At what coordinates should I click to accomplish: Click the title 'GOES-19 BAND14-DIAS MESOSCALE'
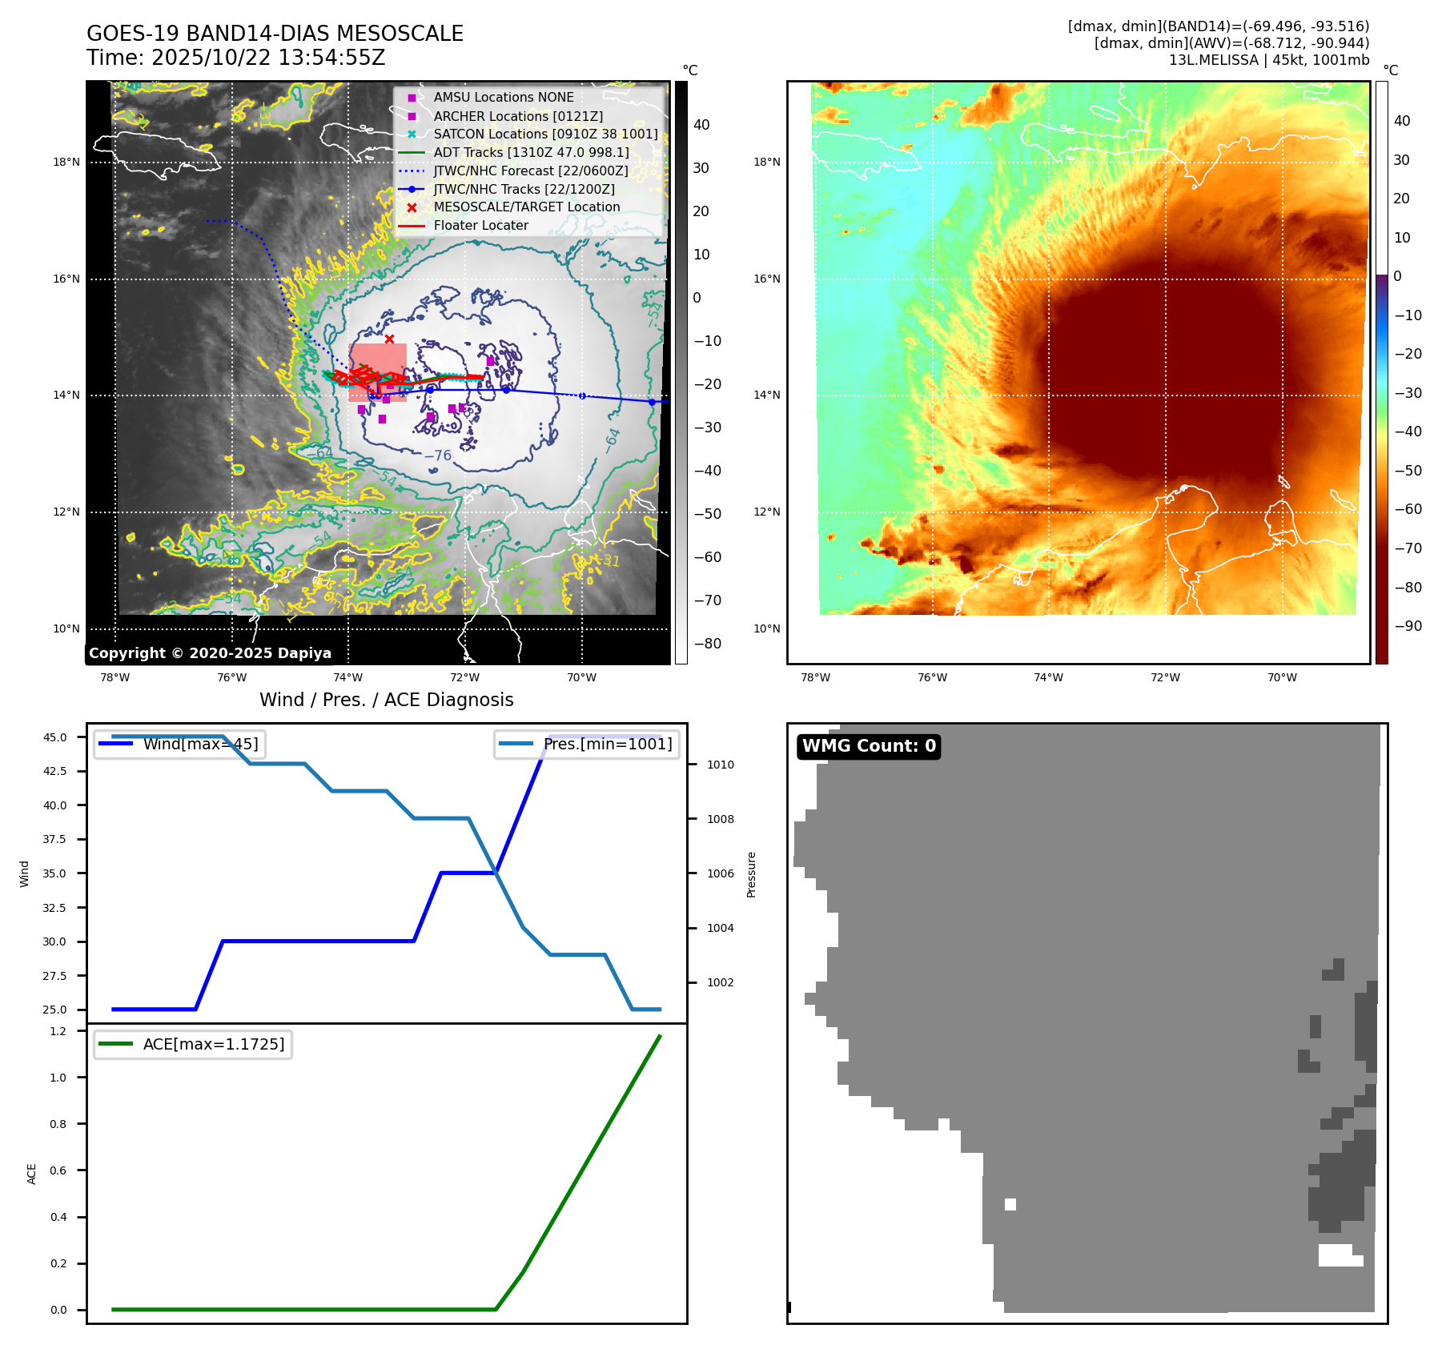click(x=275, y=34)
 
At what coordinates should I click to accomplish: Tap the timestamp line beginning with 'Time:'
click(x=236, y=58)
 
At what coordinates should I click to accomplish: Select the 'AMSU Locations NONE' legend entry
click(x=503, y=98)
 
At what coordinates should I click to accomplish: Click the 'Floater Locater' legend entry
click(x=480, y=226)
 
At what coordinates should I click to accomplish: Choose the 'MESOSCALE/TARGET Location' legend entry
click(x=526, y=207)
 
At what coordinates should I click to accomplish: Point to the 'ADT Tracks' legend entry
click(x=531, y=153)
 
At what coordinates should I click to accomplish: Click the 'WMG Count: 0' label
click(x=869, y=746)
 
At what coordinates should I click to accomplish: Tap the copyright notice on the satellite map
click(x=210, y=653)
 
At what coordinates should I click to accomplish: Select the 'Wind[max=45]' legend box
click(x=180, y=745)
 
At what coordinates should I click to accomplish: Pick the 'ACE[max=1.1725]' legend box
click(x=193, y=1045)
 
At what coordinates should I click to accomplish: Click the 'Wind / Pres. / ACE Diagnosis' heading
click(x=386, y=700)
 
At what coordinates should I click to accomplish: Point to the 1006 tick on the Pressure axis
click(x=720, y=873)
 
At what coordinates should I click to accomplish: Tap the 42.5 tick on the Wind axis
click(x=55, y=771)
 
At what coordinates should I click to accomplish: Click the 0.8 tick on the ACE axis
click(x=58, y=1124)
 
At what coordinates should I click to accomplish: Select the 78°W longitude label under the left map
click(x=115, y=677)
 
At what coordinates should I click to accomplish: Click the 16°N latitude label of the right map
click(x=766, y=279)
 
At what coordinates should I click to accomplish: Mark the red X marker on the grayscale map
click(x=389, y=339)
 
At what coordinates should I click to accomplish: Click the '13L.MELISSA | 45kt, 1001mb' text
click(x=1268, y=60)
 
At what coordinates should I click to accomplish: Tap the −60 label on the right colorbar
click(x=1408, y=509)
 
